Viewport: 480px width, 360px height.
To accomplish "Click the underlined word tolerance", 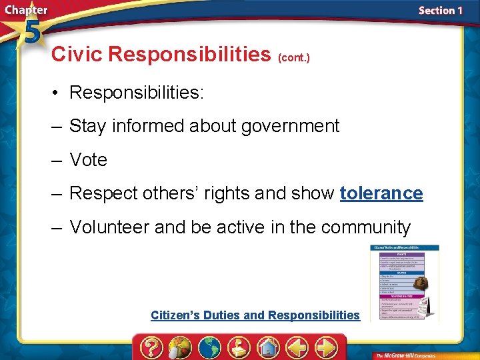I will point(381,193).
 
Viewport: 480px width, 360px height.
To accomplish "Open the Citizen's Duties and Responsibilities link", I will point(255,315).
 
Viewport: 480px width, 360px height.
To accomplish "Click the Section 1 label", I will point(440,11).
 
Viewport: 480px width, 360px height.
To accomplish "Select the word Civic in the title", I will point(77,54).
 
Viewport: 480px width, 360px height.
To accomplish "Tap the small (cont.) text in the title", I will point(293,57).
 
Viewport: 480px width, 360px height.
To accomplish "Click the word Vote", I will point(88,160).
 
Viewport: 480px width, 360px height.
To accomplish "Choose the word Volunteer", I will point(109,227).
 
